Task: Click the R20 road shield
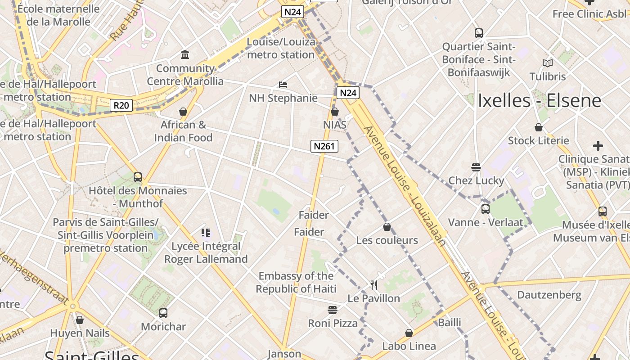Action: pyautogui.click(x=121, y=106)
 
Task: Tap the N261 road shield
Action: pyautogui.click(x=324, y=146)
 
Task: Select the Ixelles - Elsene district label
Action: pyautogui.click(x=539, y=100)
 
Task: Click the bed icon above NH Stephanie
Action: pyautogui.click(x=283, y=85)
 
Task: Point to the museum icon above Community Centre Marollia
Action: pyautogui.click(x=185, y=55)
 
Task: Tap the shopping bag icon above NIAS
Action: pyautogui.click(x=334, y=112)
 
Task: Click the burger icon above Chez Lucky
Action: pyautogui.click(x=476, y=167)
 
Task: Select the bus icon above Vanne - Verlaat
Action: pyautogui.click(x=485, y=209)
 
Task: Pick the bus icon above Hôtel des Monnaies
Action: pyautogui.click(x=138, y=177)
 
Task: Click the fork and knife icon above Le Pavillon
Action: pyautogui.click(x=373, y=285)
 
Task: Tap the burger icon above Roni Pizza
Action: pyautogui.click(x=333, y=310)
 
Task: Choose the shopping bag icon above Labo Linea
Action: pyautogui.click(x=409, y=333)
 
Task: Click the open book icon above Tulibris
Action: pyautogui.click(x=547, y=63)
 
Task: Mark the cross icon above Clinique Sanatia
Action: pyautogui.click(x=598, y=146)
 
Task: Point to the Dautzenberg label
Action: pyautogui.click(x=549, y=295)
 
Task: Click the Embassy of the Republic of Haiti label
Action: pyautogui.click(x=296, y=282)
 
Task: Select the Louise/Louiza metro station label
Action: pyautogui.click(x=281, y=48)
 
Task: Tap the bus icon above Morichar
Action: pyautogui.click(x=163, y=313)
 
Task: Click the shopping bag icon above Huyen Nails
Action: pyautogui.click(x=80, y=320)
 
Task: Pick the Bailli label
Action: pyautogui.click(x=450, y=322)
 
